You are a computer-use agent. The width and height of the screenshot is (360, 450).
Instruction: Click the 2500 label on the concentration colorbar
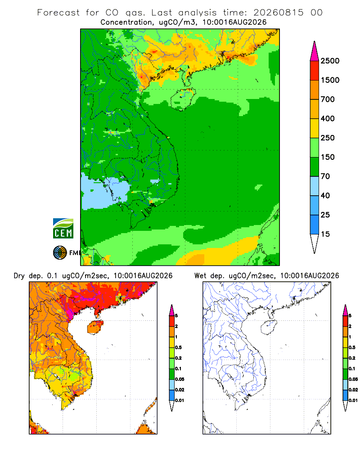pyautogui.click(x=330, y=61)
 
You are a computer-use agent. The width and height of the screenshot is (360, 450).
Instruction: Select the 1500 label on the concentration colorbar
pyautogui.click(x=330, y=80)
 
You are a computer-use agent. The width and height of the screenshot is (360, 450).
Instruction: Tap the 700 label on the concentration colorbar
pyautogui.click(x=328, y=99)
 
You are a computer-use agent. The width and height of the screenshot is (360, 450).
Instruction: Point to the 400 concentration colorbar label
pyautogui.click(x=328, y=118)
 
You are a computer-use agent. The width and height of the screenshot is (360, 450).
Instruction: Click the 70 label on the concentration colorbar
pyautogui.click(x=325, y=176)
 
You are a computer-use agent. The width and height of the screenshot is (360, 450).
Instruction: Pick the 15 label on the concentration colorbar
pyautogui.click(x=325, y=234)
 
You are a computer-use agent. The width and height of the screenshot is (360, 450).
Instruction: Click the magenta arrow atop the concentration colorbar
pyautogui.click(x=315, y=51)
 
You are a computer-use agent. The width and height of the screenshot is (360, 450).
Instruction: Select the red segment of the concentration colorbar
pyautogui.click(x=315, y=71)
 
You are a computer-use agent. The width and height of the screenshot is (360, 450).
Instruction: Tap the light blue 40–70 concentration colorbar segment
pyautogui.click(x=315, y=186)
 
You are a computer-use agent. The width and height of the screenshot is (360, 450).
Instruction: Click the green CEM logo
pyautogui.click(x=63, y=229)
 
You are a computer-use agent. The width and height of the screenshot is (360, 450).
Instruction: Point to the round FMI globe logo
pyautogui.click(x=60, y=253)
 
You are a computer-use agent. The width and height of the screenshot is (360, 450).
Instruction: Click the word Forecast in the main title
pyautogui.click(x=58, y=13)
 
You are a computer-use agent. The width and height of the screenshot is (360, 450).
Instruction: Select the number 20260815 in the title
pyautogui.click(x=278, y=13)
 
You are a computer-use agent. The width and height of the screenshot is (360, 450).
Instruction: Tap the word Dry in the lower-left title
pyautogui.click(x=19, y=276)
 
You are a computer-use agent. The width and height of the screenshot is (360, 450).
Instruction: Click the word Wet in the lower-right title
pyautogui.click(x=200, y=276)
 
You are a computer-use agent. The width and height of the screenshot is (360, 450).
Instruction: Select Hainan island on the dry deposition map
pyautogui.click(x=95, y=327)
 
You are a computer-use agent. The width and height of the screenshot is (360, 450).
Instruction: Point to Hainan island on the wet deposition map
pyautogui.click(x=269, y=327)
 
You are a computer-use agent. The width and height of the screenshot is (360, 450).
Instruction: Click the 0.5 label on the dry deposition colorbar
pyautogui.click(x=178, y=347)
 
